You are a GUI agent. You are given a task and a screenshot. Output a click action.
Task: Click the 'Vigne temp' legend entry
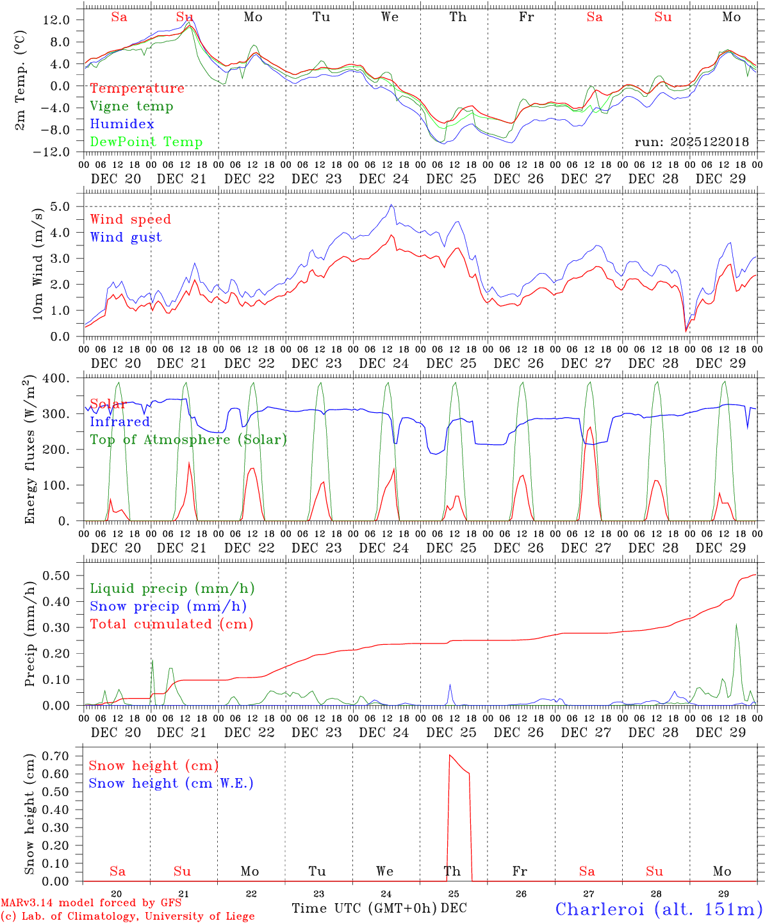point(131,106)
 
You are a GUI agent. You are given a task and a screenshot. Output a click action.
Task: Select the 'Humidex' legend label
point(122,124)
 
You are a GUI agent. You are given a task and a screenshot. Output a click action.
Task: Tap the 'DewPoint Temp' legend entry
point(146,142)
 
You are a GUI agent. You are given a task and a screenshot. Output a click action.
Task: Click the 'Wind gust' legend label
point(126,237)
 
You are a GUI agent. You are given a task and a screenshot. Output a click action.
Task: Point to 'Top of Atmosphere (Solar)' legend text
point(188,440)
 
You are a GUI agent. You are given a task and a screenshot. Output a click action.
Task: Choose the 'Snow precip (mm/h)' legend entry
point(168,606)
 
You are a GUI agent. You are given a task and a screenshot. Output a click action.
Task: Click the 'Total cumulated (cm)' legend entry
point(171,624)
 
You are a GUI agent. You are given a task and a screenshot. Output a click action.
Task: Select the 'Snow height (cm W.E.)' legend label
point(170,783)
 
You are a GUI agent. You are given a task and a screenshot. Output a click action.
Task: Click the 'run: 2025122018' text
point(691,142)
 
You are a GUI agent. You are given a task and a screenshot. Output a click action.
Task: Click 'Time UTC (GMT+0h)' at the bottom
point(364,908)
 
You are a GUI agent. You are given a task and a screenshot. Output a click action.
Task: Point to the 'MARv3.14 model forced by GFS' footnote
point(91,903)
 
